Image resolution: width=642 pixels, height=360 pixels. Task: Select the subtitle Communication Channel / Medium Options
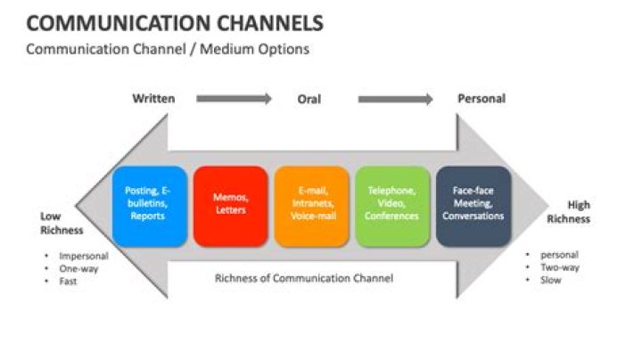(x=168, y=49)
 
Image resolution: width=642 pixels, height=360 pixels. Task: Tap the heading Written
(x=153, y=99)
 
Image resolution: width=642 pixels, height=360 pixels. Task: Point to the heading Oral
(x=309, y=99)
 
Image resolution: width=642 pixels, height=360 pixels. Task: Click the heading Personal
(x=481, y=99)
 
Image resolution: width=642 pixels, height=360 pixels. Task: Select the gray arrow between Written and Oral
(x=234, y=99)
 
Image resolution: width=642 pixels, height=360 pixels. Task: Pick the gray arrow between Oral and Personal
(x=395, y=99)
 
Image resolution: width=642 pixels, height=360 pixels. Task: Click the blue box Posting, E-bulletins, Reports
(x=150, y=204)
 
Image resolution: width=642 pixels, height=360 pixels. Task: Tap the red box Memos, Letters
(x=230, y=204)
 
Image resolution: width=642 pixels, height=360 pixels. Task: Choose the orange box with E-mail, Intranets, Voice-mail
(x=311, y=204)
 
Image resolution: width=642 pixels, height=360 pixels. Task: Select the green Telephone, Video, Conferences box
(x=391, y=204)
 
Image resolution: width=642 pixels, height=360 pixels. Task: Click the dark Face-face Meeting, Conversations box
(x=473, y=204)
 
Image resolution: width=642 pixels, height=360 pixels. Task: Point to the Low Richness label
(x=62, y=223)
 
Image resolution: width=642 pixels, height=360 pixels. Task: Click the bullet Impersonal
(x=83, y=256)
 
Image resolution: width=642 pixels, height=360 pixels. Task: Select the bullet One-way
(x=78, y=268)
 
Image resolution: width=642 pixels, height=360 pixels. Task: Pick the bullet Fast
(x=69, y=281)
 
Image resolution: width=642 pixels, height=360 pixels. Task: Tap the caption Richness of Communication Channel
(x=303, y=278)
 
